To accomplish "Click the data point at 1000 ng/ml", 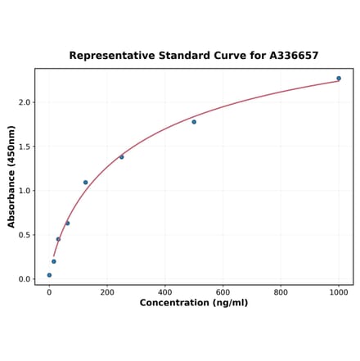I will point(339,79).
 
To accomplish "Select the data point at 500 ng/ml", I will point(194,122).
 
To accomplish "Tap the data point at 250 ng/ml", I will point(122,157).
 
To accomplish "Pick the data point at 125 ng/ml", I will point(85,183).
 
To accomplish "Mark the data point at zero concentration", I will point(49,275).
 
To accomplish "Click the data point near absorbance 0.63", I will point(67,223).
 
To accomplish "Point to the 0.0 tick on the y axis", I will point(24,279).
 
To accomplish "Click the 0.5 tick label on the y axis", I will point(24,235).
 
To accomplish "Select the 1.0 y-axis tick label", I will point(24,191).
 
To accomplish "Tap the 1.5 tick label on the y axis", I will point(24,147).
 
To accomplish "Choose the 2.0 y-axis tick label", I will point(24,102).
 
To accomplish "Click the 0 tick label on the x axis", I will point(49,292).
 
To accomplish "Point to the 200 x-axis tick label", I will point(107,292).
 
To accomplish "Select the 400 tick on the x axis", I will point(165,292).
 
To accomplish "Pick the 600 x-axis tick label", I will point(223,292).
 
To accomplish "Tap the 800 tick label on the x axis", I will point(281,292).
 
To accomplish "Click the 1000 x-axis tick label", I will point(339,292).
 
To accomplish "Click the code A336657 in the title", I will point(290,56).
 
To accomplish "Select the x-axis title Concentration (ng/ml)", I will point(194,303).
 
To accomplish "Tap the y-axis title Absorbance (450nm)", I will point(11,177).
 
